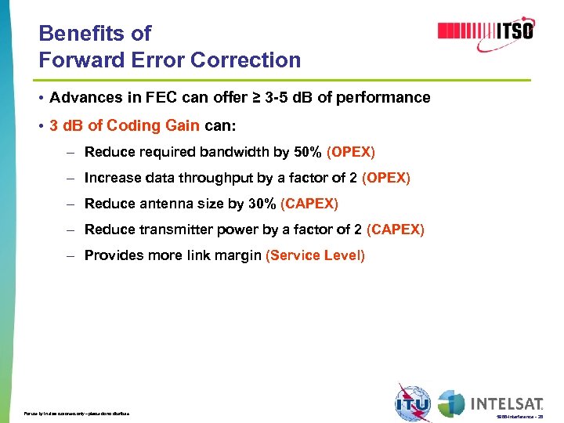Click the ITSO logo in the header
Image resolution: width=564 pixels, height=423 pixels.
click(486, 31)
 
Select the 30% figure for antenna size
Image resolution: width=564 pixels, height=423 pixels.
click(262, 204)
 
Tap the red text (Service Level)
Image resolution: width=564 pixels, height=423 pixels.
click(316, 255)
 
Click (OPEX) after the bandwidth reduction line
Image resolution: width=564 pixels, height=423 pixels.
click(351, 151)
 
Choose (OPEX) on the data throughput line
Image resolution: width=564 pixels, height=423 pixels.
click(385, 178)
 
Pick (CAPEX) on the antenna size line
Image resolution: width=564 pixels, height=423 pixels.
click(309, 204)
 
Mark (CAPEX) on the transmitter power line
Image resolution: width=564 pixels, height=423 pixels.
click(395, 230)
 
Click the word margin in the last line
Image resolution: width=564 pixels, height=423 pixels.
click(239, 255)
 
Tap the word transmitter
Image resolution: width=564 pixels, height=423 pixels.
click(168, 230)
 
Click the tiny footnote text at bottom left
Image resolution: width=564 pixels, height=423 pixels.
click(77, 413)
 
